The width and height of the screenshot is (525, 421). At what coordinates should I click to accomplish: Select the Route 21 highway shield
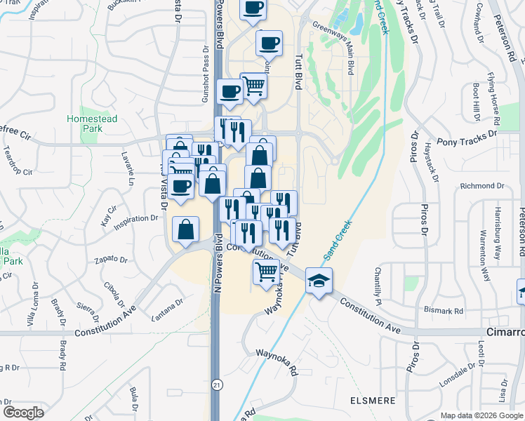(216, 385)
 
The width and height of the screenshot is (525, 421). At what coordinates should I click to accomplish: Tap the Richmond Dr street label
(482, 186)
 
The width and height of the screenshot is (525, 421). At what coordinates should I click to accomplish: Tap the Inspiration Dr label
(136, 219)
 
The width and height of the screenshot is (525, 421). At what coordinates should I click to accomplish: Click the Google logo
(23, 413)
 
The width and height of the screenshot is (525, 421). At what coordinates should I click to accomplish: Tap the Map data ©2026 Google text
(482, 415)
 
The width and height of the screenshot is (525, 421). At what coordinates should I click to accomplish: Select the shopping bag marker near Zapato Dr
(186, 229)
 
